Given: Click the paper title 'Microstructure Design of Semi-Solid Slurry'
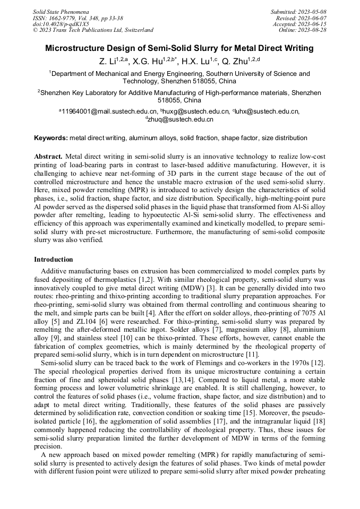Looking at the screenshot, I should click(179, 48).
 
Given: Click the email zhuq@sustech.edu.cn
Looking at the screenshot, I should click(182, 119).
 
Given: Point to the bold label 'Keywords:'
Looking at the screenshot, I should click(50, 138).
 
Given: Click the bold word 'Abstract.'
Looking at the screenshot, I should click(48, 157).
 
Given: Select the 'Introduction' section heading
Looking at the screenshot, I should click(54, 260).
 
